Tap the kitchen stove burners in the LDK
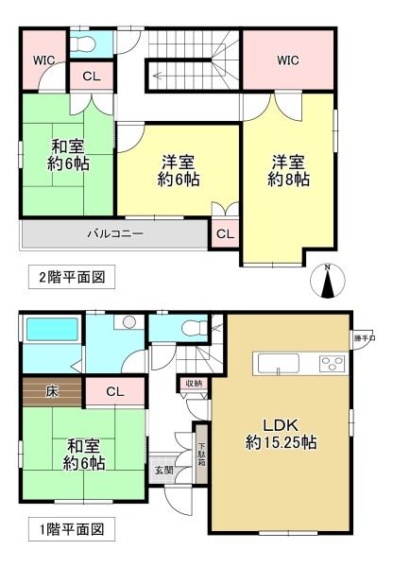[333, 361]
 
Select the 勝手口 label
[365, 337]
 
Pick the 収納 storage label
[193, 383]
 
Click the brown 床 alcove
[53, 389]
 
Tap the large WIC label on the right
[288, 60]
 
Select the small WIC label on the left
[43, 60]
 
